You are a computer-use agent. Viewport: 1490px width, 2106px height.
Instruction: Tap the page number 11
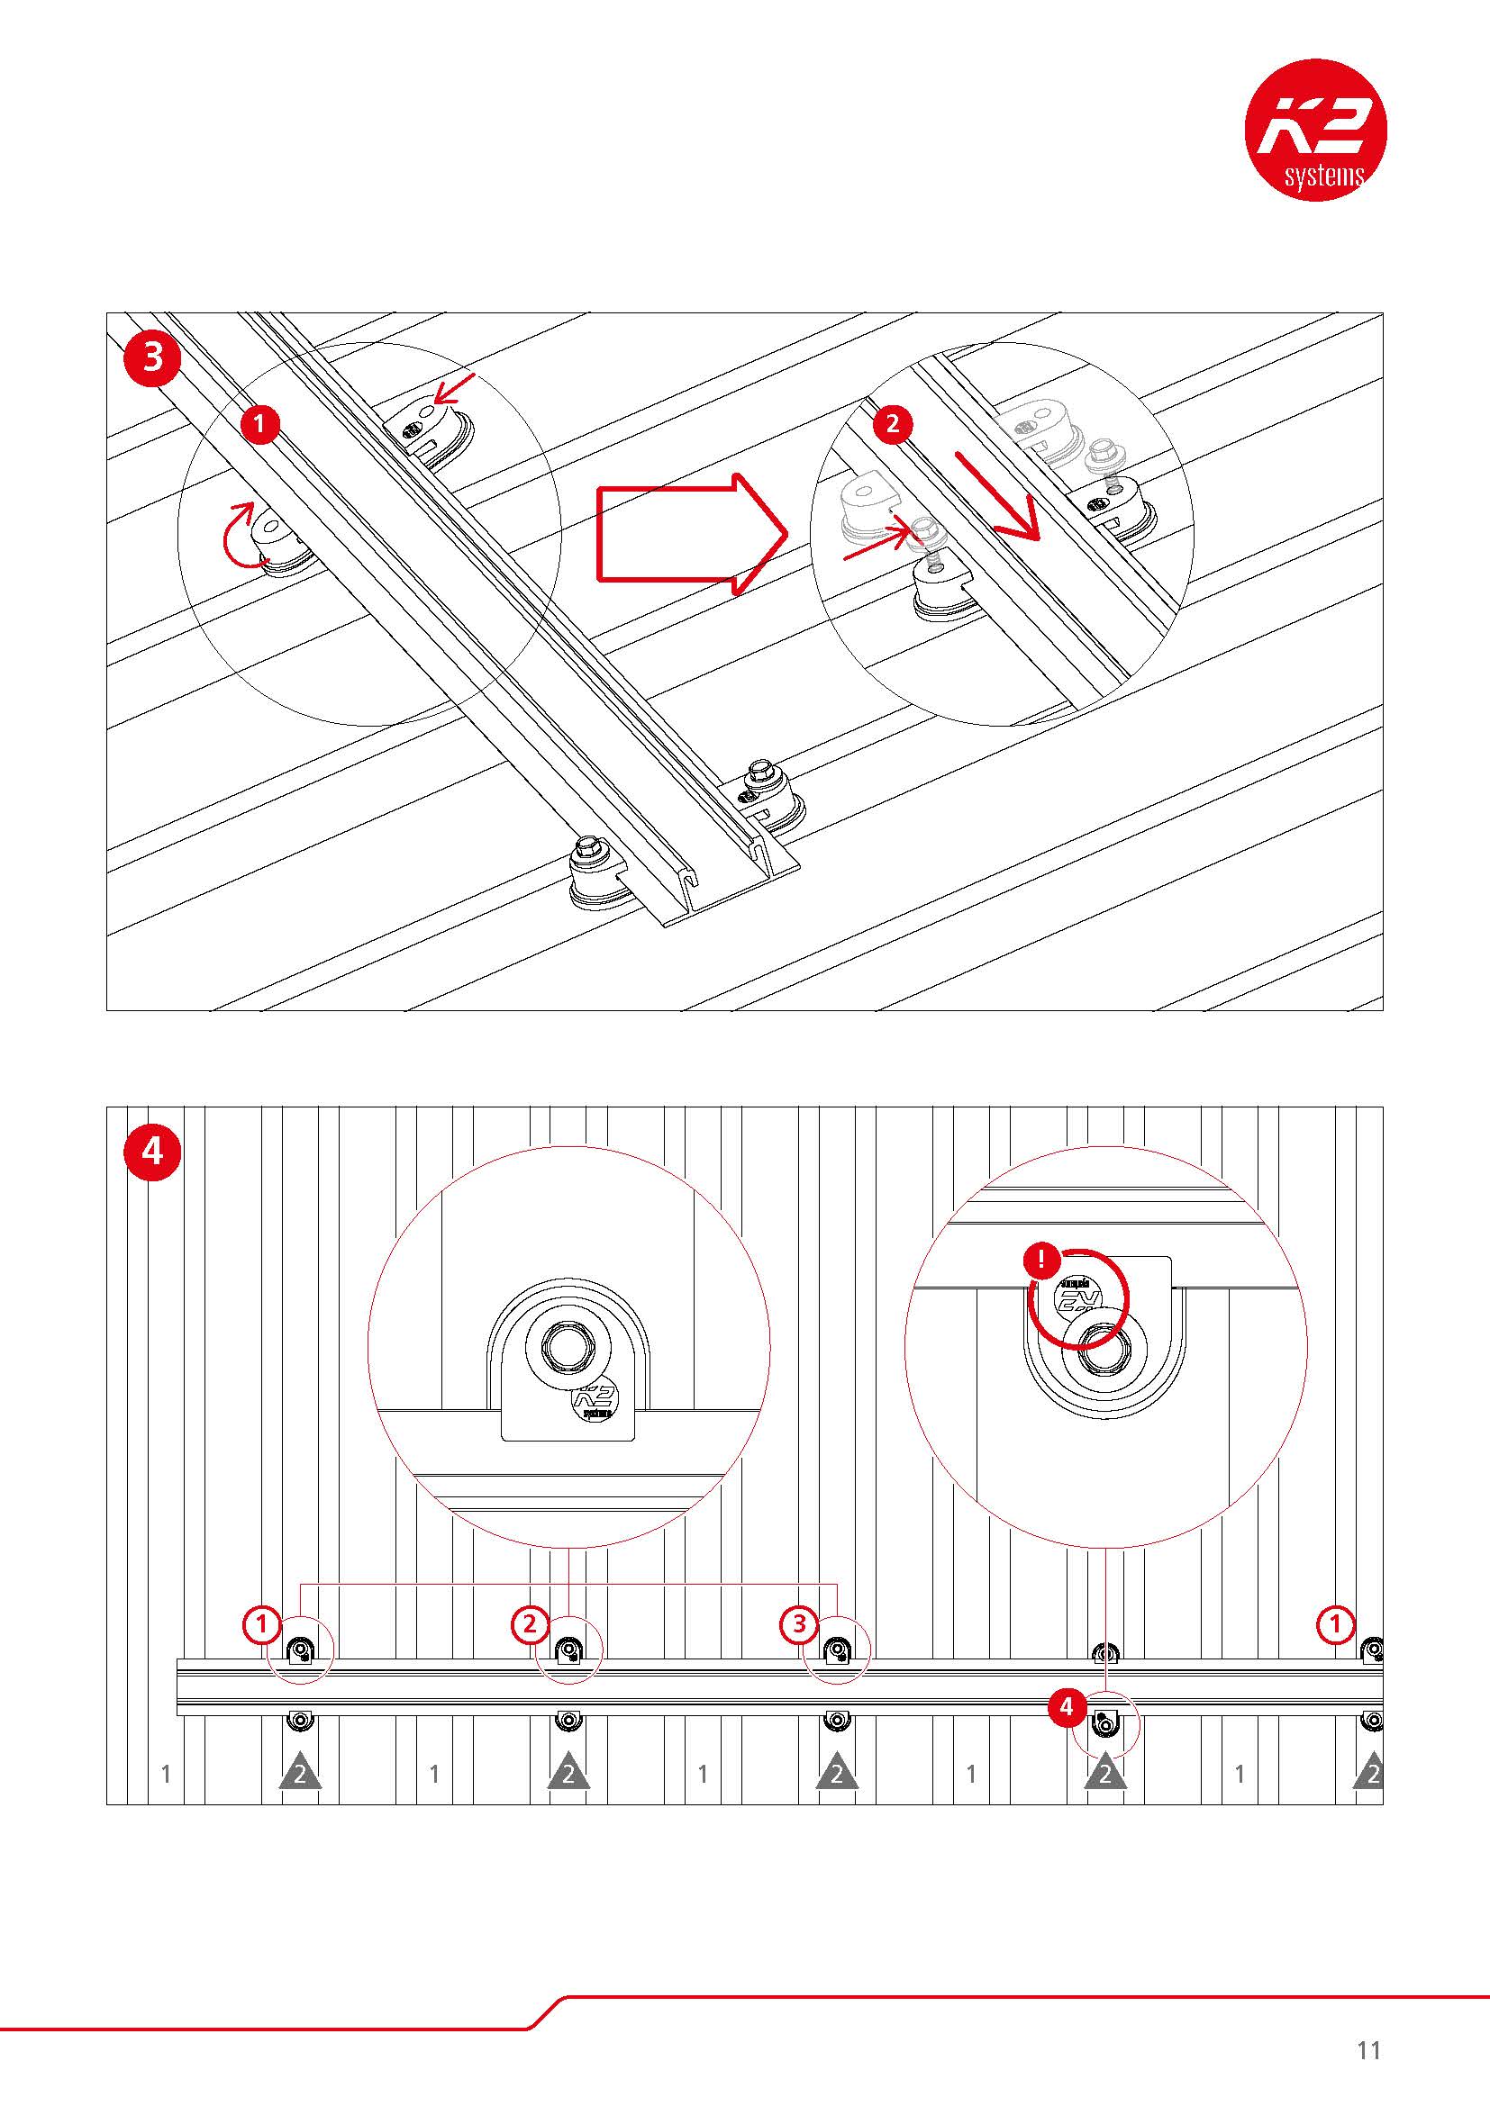tap(1368, 2050)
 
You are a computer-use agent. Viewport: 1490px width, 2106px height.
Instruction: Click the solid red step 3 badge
tap(153, 357)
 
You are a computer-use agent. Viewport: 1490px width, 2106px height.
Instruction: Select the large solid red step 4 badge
tap(152, 1150)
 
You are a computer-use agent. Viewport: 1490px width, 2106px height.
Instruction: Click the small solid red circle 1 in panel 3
tap(260, 424)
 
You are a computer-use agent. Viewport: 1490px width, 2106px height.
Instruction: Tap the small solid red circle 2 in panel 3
tap(894, 424)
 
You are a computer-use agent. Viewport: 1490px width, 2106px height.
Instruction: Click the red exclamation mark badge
tap(1042, 1261)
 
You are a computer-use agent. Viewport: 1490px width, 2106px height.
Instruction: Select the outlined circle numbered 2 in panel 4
tap(530, 1624)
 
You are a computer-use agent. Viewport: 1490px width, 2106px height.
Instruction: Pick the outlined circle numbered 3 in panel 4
tap(798, 1624)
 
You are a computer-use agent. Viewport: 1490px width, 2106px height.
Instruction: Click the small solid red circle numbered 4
tap(1066, 1707)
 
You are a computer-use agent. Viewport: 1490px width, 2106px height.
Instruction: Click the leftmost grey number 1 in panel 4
tap(166, 1774)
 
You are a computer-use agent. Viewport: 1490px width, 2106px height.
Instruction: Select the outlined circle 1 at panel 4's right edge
tap(1336, 1624)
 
